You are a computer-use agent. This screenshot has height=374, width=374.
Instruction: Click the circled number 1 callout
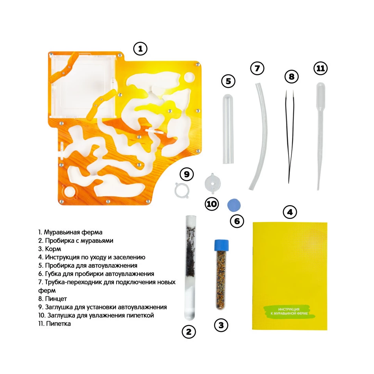140,49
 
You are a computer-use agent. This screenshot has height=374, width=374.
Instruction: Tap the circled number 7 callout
257,69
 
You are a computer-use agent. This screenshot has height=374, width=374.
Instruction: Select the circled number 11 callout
320,69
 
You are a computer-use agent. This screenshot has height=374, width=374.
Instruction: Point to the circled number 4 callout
290,212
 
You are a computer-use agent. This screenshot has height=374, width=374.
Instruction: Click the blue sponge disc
234,205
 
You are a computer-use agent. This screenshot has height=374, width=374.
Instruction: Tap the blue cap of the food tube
221,245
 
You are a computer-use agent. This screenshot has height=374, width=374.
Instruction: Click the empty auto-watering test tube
228,129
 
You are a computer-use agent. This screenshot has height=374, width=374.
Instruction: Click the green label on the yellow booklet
289,311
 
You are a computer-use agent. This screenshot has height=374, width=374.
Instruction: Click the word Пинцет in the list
56,299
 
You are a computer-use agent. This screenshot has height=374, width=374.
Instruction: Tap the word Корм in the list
53,249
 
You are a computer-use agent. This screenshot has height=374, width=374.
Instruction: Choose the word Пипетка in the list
58,324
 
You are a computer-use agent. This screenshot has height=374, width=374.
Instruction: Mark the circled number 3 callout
221,325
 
